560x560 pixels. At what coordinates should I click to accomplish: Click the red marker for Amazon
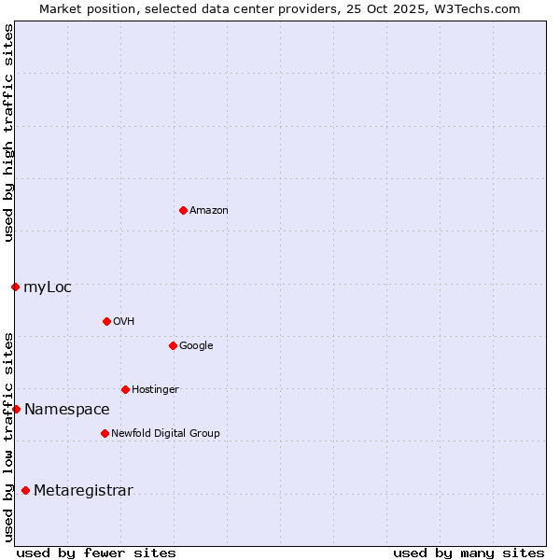183,210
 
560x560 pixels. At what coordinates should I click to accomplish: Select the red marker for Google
173,345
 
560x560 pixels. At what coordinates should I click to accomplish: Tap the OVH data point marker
106,321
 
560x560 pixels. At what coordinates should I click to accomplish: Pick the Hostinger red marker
125,389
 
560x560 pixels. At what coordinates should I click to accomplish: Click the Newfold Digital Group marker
105,433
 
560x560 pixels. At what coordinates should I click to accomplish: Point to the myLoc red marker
15,287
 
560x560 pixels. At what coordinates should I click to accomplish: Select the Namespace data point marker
16,409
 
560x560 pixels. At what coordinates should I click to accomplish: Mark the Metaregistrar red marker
25,490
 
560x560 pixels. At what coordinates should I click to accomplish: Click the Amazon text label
209,211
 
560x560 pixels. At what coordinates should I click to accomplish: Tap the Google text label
196,346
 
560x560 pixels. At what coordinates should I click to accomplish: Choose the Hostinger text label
155,390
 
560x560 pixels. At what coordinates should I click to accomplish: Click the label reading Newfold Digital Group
165,433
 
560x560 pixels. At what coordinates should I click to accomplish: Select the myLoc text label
48,287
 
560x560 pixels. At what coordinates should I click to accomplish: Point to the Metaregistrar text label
83,491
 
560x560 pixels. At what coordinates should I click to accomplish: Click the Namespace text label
67,410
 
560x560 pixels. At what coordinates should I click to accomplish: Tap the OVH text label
124,322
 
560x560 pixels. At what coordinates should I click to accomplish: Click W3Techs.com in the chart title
474,8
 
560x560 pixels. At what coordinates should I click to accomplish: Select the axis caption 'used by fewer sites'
96,553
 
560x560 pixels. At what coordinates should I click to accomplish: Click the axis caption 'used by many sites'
469,553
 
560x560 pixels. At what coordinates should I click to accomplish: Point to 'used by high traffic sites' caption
8,133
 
